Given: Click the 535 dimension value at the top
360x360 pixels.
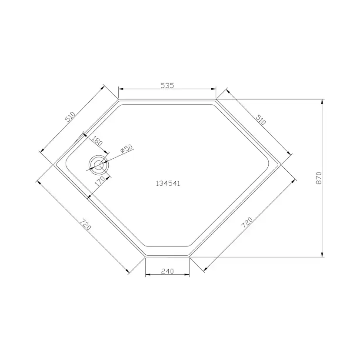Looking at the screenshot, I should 167,86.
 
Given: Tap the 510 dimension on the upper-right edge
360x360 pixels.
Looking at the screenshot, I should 260,120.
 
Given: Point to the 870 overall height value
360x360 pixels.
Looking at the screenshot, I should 319,177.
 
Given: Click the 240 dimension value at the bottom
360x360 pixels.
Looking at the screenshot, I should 167,271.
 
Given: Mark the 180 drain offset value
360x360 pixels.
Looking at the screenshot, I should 97,142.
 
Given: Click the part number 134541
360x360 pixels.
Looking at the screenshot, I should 168,183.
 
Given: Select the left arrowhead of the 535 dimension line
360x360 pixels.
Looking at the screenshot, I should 120,89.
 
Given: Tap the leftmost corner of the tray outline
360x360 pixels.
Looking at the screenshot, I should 53,164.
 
